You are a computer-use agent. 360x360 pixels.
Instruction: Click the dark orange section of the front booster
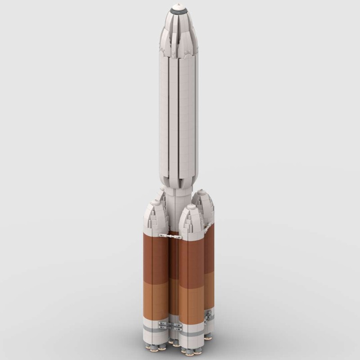pos(191,261)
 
